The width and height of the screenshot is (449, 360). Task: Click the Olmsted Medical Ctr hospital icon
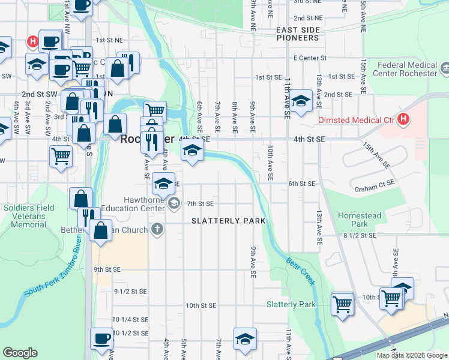pyautogui.click(x=403, y=119)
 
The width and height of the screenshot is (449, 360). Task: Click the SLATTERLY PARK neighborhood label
pyautogui.click(x=228, y=221)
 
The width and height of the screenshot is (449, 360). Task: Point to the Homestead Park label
pyautogui.click(x=360, y=220)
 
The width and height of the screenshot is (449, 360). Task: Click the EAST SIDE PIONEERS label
pyautogui.click(x=297, y=34)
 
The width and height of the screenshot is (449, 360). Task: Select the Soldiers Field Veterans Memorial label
pyautogui.click(x=28, y=216)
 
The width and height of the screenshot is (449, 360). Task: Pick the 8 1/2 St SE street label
pyautogui.click(x=359, y=236)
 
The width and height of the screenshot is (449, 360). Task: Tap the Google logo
pyautogui.click(x=20, y=353)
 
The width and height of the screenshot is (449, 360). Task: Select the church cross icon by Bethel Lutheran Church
pyautogui.click(x=157, y=229)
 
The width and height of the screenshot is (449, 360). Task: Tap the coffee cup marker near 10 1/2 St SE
pyautogui.click(x=101, y=338)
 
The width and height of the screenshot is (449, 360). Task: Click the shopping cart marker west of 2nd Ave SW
pyautogui.click(x=61, y=155)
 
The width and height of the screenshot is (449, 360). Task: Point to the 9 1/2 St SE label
pyautogui.click(x=130, y=292)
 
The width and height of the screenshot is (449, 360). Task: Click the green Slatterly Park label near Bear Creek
pyautogui.click(x=291, y=304)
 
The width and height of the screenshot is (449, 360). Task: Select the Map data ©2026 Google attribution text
pyautogui.click(x=412, y=355)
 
